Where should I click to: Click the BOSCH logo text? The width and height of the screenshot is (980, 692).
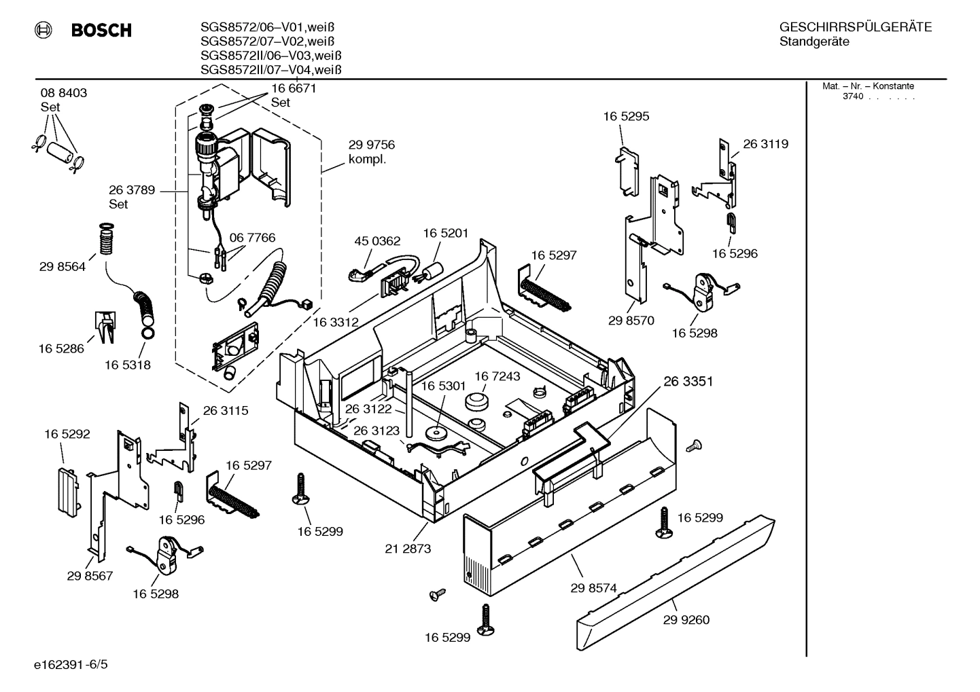click(x=101, y=30)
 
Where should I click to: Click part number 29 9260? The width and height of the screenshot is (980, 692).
click(x=686, y=619)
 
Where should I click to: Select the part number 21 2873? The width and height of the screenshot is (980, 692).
click(x=408, y=549)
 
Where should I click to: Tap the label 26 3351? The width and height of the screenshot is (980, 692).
click(x=688, y=381)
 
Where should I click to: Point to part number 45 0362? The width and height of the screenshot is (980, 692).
click(x=377, y=241)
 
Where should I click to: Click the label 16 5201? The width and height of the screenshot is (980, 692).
click(x=446, y=233)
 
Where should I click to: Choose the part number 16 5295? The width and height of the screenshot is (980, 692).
click(x=626, y=116)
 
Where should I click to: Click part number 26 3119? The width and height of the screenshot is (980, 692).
click(x=765, y=144)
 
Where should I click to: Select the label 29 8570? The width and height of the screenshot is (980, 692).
click(x=631, y=321)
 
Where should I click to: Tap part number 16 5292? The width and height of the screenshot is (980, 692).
click(x=67, y=434)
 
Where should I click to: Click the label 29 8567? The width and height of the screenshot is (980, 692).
click(x=90, y=576)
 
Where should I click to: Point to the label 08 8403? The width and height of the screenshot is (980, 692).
click(x=64, y=93)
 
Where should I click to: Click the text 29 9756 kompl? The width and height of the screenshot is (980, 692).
click(x=371, y=151)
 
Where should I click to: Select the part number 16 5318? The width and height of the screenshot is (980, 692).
click(x=128, y=365)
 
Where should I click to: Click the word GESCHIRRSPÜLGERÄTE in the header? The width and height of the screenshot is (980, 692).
click(x=855, y=27)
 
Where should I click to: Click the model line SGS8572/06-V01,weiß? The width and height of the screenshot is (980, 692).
click(x=268, y=27)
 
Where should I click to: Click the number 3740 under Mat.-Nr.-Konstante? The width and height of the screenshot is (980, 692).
click(x=852, y=96)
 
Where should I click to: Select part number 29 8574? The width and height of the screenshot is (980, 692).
click(x=594, y=588)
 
